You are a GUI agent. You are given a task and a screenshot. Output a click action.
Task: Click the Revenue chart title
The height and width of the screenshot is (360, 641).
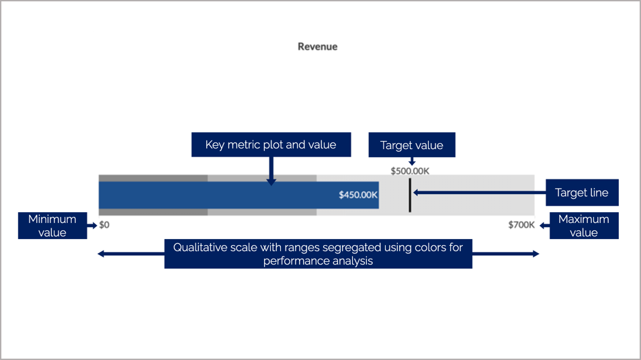coord(317,47)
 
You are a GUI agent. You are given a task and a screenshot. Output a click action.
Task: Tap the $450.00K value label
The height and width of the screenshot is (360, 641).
coord(358,195)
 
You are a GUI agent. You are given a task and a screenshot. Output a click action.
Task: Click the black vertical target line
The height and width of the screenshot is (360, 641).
coord(409,194)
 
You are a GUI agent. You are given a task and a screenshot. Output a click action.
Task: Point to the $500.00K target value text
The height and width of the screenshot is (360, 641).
coord(410,171)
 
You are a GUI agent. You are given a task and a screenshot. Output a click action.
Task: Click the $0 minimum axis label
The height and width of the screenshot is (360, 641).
coord(104,225)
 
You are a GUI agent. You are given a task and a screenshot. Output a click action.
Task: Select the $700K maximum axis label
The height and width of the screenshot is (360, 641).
coord(521,225)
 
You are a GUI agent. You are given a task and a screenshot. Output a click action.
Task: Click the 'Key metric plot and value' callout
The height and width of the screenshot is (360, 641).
coord(270,145)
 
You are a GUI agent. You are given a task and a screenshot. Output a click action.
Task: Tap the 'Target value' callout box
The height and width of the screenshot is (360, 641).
coord(411,145)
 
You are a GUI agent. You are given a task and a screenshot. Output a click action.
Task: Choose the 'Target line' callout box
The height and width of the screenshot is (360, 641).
coord(581,193)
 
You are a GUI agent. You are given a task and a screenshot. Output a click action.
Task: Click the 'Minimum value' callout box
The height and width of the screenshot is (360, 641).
coord(52,226)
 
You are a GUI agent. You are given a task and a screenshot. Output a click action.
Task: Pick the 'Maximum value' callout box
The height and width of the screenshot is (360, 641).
coord(583,226)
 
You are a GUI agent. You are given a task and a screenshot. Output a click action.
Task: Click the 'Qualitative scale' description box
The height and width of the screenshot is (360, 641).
coord(318,253)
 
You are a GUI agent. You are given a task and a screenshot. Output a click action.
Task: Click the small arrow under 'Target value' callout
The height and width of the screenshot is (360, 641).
coord(412,161)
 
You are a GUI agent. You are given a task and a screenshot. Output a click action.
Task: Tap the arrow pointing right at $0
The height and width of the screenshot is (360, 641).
coord(92,226)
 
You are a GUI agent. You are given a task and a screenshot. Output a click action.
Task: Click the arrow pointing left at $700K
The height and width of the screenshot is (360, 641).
coord(544,226)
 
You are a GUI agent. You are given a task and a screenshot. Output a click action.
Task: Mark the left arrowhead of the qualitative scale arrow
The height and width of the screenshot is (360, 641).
coord(101,253)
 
